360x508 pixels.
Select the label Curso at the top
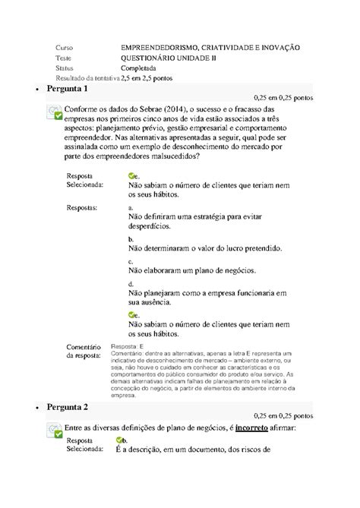click(66, 47)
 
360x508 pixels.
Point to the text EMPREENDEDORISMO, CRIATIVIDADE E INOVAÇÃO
click(210, 47)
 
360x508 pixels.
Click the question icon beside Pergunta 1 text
click(54, 115)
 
